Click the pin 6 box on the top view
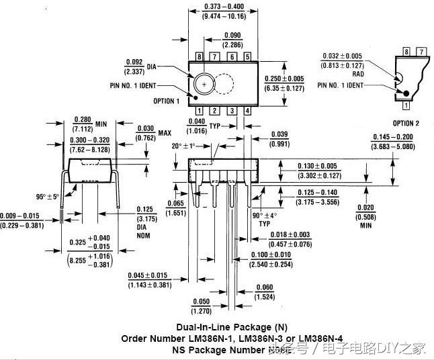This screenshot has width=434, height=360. (x=232, y=57)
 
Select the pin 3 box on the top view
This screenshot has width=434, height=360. (x=232, y=111)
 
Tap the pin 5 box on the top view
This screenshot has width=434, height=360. (x=248, y=57)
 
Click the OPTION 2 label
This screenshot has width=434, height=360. (x=406, y=123)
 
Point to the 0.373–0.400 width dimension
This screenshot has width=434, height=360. (x=224, y=6)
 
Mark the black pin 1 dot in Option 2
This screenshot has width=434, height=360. (x=406, y=93)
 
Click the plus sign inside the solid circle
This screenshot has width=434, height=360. (x=204, y=85)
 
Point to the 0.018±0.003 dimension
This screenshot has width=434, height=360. (x=290, y=235)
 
